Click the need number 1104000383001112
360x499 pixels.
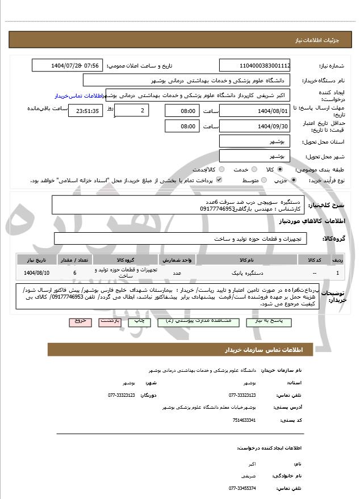pos(255,66)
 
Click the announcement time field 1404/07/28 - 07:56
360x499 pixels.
pos(66,66)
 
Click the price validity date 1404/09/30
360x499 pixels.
pos(255,126)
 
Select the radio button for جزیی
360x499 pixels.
pos(294,181)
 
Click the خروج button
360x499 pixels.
pos(80,321)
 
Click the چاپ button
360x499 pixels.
pos(139,321)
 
